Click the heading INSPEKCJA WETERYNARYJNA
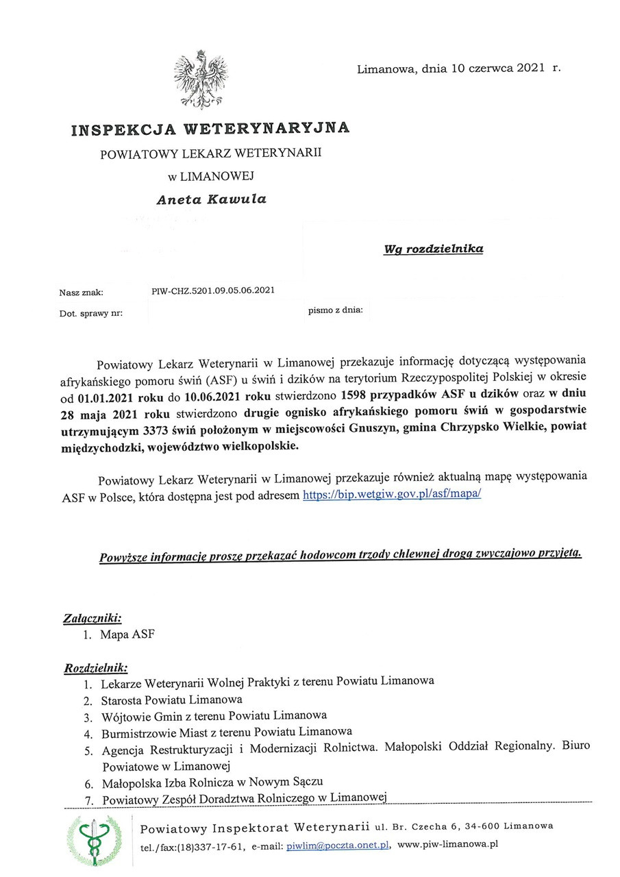pos(210,128)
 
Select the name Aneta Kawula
pos(211,200)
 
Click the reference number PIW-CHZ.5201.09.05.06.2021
pos(213,290)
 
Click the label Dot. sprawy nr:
pos(90,313)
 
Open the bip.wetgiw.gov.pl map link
pos(392,493)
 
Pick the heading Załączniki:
pos(92,617)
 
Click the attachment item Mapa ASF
pos(127,634)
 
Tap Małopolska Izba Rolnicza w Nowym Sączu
pos(212,782)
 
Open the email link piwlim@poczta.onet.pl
pos(338,845)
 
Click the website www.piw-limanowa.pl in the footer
pos(447,845)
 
